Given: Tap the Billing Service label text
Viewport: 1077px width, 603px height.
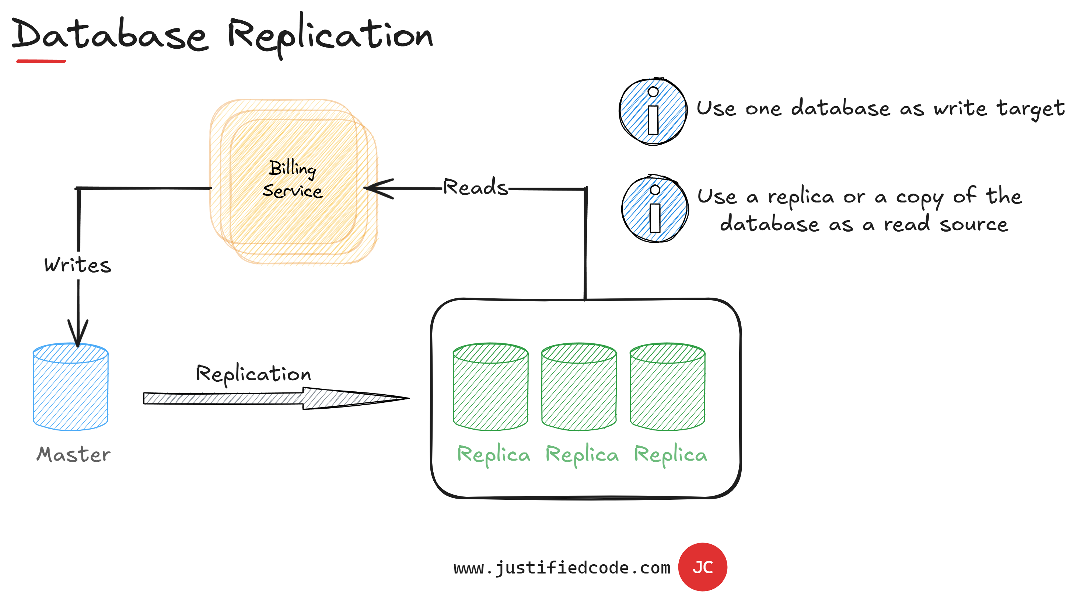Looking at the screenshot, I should coord(293,179).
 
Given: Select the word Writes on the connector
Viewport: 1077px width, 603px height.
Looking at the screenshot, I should coord(78,265).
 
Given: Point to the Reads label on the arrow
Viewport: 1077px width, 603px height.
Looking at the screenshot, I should coord(475,187).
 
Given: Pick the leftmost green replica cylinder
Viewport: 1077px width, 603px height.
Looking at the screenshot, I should coord(490,387).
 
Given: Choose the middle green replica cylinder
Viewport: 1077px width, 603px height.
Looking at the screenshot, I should coord(579,387).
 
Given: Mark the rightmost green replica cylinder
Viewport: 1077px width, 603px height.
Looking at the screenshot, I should coord(667,387).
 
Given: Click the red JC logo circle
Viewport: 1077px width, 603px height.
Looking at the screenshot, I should coord(702,567).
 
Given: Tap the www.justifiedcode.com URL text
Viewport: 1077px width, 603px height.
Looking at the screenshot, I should coord(562,568).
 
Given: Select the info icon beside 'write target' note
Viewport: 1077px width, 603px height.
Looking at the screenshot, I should coord(653,112).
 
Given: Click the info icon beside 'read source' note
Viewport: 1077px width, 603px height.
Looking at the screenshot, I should coord(655,209).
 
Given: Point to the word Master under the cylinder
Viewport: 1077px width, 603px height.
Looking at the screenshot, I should coord(74,454).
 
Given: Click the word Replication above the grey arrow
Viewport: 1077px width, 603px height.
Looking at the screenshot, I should coord(253,374).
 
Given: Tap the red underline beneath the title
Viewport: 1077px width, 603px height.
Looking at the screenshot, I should coord(41,61).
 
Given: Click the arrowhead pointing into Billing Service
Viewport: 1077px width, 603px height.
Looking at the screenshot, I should coord(378,189).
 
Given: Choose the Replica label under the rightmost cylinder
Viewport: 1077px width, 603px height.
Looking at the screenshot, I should coord(670,455).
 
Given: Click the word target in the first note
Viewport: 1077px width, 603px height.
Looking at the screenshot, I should coord(1031,109).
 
